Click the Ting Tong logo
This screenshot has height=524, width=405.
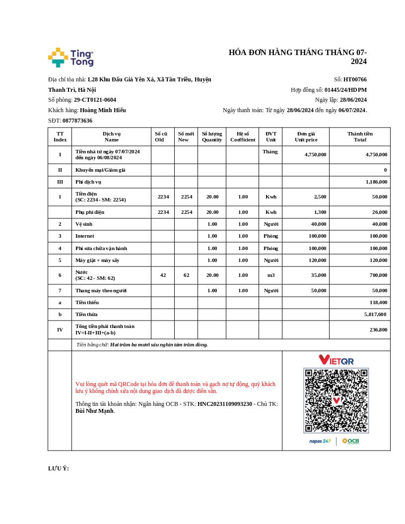tap(70, 58)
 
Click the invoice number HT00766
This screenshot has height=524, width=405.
tap(355, 79)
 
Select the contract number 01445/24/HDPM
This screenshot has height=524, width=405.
tap(345, 90)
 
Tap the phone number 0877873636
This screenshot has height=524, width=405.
tap(77, 121)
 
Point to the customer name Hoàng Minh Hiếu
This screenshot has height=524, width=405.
tap(103, 110)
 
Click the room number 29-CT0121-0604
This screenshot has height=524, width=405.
tap(95, 100)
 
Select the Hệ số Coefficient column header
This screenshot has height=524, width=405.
tap(243, 136)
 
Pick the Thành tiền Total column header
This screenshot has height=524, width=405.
tap(360, 136)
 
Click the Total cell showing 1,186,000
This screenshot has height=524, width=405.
tap(376, 182)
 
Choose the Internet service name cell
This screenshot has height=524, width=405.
tap(84, 236)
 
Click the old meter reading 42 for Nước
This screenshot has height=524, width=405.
tap(163, 275)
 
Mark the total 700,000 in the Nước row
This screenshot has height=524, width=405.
tap(378, 275)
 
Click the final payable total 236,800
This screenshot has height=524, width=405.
tap(378, 329)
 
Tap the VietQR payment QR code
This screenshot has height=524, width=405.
tap(336, 400)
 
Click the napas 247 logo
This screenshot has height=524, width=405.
tap(320, 441)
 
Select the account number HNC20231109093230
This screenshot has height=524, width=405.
tap(225, 404)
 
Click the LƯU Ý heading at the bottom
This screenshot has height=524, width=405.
tap(59, 468)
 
